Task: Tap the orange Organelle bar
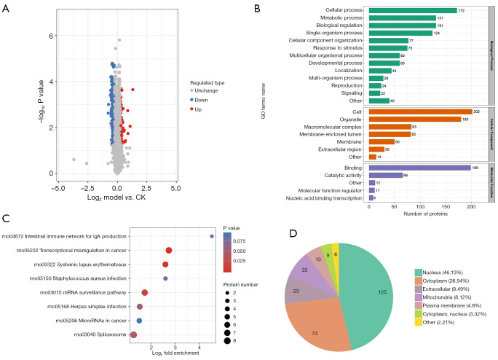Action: (x=415, y=119)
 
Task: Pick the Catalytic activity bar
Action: (x=385, y=175)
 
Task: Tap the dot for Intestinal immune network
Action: (x=212, y=236)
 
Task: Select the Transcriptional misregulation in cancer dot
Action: (x=169, y=250)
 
